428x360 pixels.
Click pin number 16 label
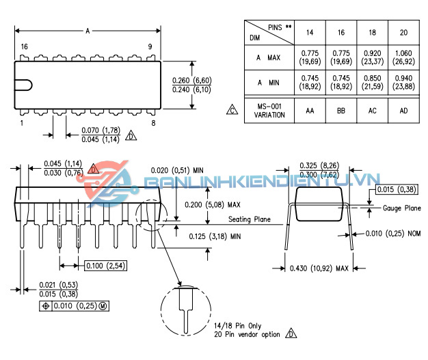[x=24, y=46]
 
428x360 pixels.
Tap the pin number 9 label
[x=150, y=46]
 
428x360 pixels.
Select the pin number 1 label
[x=23, y=123]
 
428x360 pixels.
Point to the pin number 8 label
[x=154, y=123]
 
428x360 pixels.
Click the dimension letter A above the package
[x=88, y=31]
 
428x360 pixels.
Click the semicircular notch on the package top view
[x=25, y=85]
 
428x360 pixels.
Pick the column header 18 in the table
[x=372, y=32]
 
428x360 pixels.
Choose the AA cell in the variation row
[x=310, y=110]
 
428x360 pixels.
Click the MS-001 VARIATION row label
[x=269, y=110]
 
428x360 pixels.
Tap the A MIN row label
[x=269, y=83]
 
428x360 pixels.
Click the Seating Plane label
[x=250, y=219]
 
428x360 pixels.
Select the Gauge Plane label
[x=401, y=208]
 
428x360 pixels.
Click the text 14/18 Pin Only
[x=237, y=325]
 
